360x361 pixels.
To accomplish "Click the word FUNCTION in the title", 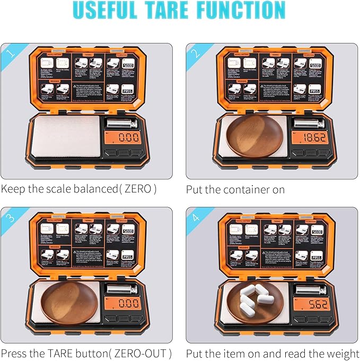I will [248, 11].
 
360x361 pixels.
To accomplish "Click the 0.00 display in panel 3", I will [128, 304].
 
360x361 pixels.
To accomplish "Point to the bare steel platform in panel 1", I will [65, 137].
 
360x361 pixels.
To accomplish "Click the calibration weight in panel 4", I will [308, 289].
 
